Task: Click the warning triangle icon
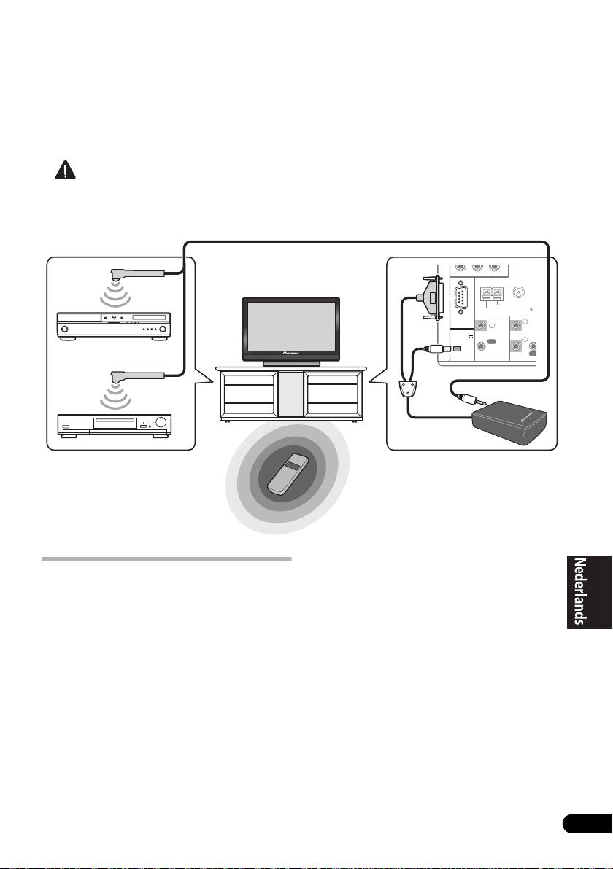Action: click(x=64, y=171)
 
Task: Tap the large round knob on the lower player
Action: click(x=158, y=422)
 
